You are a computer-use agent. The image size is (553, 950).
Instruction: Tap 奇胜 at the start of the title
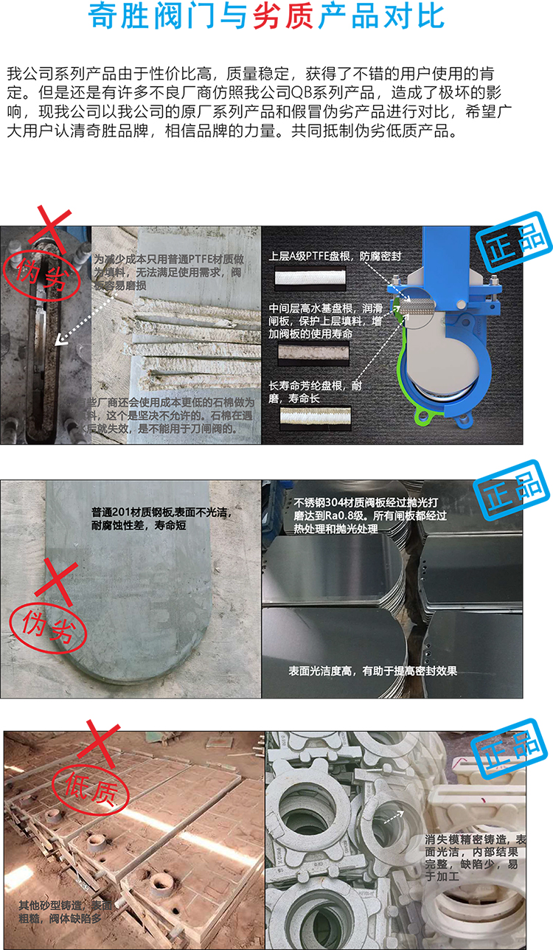(117, 15)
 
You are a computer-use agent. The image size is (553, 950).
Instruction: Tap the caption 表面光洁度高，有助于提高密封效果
(373, 671)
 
